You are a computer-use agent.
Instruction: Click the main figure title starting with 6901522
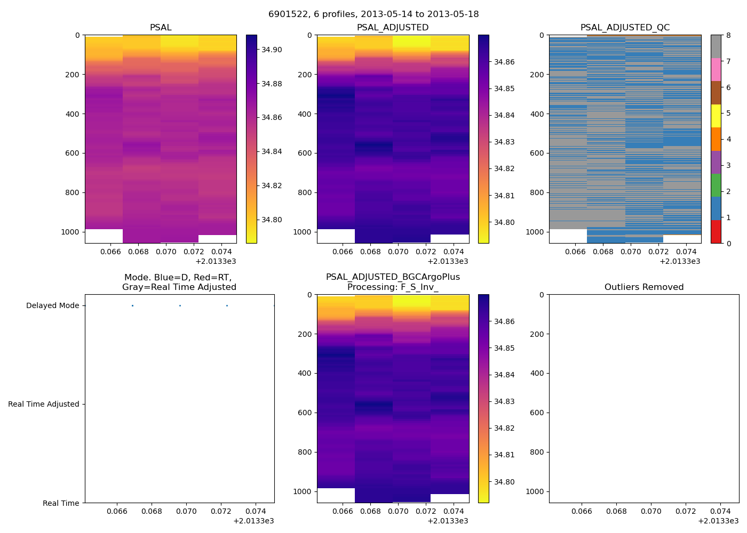[373, 14]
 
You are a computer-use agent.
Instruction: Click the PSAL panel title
[161, 28]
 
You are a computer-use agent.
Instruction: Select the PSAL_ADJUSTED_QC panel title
[625, 28]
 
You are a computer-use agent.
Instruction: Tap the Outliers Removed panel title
[643, 287]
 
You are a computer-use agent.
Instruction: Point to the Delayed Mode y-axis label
[52, 306]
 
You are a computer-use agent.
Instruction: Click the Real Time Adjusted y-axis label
[43, 405]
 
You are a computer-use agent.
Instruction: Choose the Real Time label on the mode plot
[61, 503]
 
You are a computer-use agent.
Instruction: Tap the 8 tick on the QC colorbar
[728, 35]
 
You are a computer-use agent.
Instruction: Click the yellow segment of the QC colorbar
[716, 116]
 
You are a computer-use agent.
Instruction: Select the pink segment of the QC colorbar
[716, 70]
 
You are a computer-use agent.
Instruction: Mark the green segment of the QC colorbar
[716, 185]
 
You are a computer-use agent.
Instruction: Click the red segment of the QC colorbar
[716, 232]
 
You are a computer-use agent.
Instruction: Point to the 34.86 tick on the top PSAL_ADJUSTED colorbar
[504, 62]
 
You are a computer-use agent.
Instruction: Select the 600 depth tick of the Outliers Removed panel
[537, 413]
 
